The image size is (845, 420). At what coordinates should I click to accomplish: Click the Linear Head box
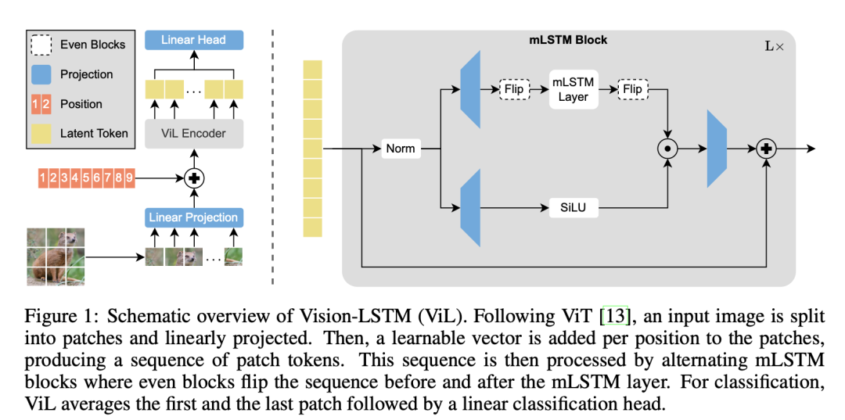point(193,40)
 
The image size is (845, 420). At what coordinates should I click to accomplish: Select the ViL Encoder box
point(193,133)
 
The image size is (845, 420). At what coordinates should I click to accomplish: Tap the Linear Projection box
point(193,217)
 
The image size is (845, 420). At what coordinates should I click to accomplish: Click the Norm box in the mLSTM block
point(400,149)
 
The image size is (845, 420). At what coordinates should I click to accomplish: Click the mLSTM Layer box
point(573,89)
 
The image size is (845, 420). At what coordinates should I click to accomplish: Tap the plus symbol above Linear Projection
point(193,178)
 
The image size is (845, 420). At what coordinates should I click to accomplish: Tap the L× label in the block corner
point(774,46)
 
